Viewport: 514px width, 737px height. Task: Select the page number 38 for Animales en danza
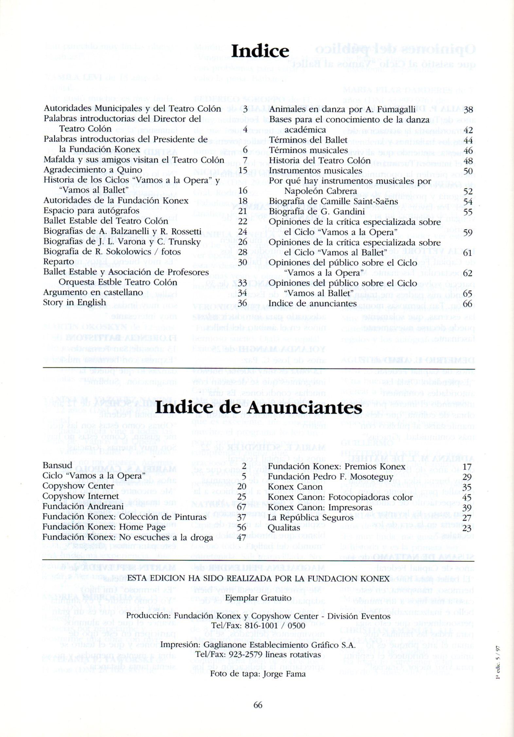click(468, 110)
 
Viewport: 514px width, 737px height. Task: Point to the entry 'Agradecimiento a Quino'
click(93, 170)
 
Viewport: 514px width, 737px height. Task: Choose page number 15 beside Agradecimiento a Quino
click(242, 171)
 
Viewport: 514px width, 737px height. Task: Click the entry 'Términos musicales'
click(309, 150)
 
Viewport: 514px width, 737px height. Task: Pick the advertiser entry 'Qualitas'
click(284, 528)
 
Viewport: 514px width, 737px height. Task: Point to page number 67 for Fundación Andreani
click(242, 507)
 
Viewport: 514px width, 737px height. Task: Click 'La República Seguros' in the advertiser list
click(310, 517)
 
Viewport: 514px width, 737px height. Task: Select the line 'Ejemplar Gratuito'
click(258, 598)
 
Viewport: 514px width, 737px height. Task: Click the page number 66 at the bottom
click(258, 705)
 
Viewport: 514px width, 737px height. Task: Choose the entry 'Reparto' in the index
click(58, 262)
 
